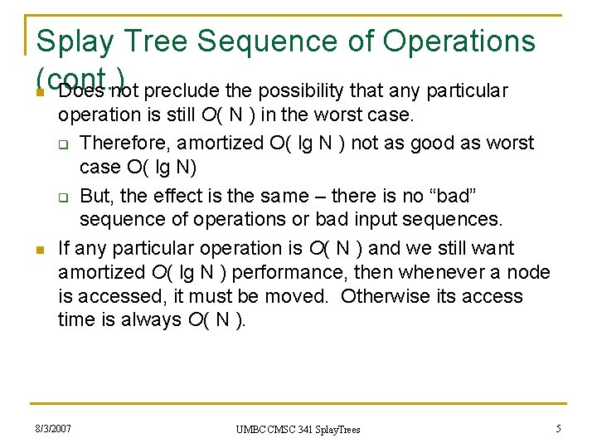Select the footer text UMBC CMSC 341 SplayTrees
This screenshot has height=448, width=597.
pos(298,429)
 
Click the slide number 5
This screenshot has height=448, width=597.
pos(559,428)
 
